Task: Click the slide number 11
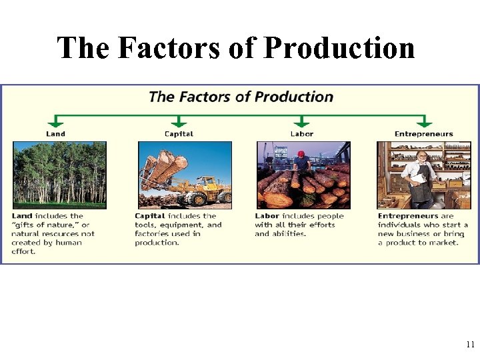coord(469,345)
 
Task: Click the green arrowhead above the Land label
coord(56,123)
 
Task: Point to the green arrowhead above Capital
coord(178,123)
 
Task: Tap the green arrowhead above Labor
coord(302,123)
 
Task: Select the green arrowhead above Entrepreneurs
coord(423,123)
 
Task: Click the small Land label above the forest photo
coord(56,134)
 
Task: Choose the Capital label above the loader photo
coord(179,134)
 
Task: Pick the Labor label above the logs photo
coord(302,134)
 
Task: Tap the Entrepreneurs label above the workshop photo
coord(423,134)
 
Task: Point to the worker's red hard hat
coord(301,154)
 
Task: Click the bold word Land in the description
coord(22,216)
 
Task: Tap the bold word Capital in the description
coord(150,216)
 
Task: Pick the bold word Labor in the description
coord(267,216)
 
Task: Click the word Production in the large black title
coord(339,48)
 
